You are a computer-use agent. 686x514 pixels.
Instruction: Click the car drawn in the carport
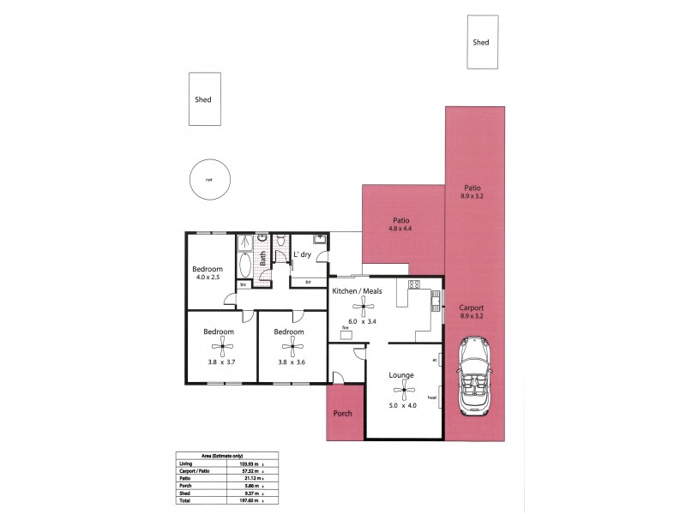pos(474,375)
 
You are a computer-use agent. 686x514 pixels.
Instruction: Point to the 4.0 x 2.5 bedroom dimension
pos(207,278)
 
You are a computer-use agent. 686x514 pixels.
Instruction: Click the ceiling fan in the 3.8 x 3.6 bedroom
pos(292,347)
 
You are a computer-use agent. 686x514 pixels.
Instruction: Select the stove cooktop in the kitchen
pos(412,284)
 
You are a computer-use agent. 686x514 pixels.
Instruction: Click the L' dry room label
pos(302,255)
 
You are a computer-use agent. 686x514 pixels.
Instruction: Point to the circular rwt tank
pos(208,180)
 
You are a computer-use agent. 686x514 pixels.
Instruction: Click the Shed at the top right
pos(481,42)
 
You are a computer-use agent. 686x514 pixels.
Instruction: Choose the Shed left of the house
pos(203,99)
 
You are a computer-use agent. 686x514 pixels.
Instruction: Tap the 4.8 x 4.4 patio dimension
pos(400,229)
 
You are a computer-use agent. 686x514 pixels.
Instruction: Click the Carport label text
pos(472,308)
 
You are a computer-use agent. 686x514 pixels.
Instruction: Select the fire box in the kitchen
pos(346,334)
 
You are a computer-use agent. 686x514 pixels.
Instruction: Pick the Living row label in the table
pos(186,463)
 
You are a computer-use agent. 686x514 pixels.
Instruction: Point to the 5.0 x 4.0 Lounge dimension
pos(401,405)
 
